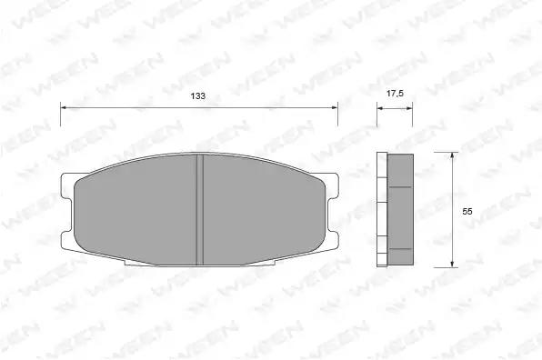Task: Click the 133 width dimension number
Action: point(198,95)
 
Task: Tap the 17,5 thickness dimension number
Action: point(395,94)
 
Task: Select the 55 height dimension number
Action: point(467,211)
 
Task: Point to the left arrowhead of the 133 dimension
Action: point(65,108)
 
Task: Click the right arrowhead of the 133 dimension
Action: point(334,108)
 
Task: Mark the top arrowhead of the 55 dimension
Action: point(452,156)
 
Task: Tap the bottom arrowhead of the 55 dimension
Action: point(452,264)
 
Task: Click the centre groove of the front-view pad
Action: point(200,210)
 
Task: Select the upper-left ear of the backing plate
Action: point(67,185)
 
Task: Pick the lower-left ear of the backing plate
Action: point(67,239)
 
